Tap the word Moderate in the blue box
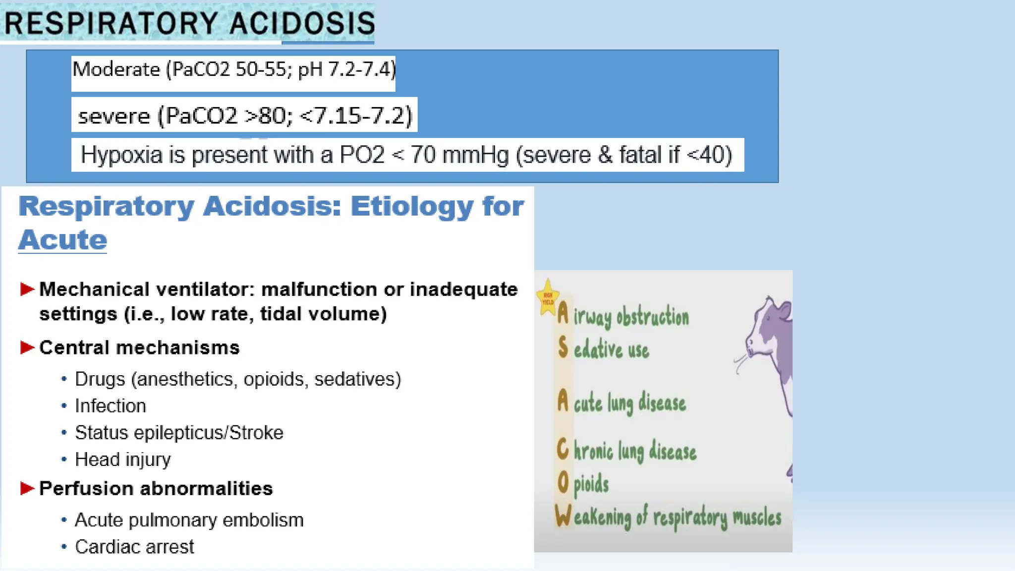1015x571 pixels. pyautogui.click(x=116, y=69)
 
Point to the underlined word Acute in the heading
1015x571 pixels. pyautogui.click(x=62, y=240)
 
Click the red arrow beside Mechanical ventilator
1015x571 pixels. pyautogui.click(x=27, y=289)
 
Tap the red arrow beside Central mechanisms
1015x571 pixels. pyautogui.click(x=27, y=347)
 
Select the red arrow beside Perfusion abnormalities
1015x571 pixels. pyautogui.click(x=27, y=488)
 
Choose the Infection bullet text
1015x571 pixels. pyautogui.click(x=111, y=406)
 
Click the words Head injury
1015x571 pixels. pyautogui.click(x=123, y=459)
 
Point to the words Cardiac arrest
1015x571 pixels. pyautogui.click(x=134, y=547)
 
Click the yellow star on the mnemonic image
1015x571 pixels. pyautogui.click(x=548, y=297)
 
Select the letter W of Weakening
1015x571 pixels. pyautogui.click(x=564, y=515)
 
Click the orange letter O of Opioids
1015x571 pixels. pyautogui.click(x=563, y=482)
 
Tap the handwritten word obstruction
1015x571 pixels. pyautogui.click(x=653, y=317)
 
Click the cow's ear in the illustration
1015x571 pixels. pyautogui.click(x=785, y=311)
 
